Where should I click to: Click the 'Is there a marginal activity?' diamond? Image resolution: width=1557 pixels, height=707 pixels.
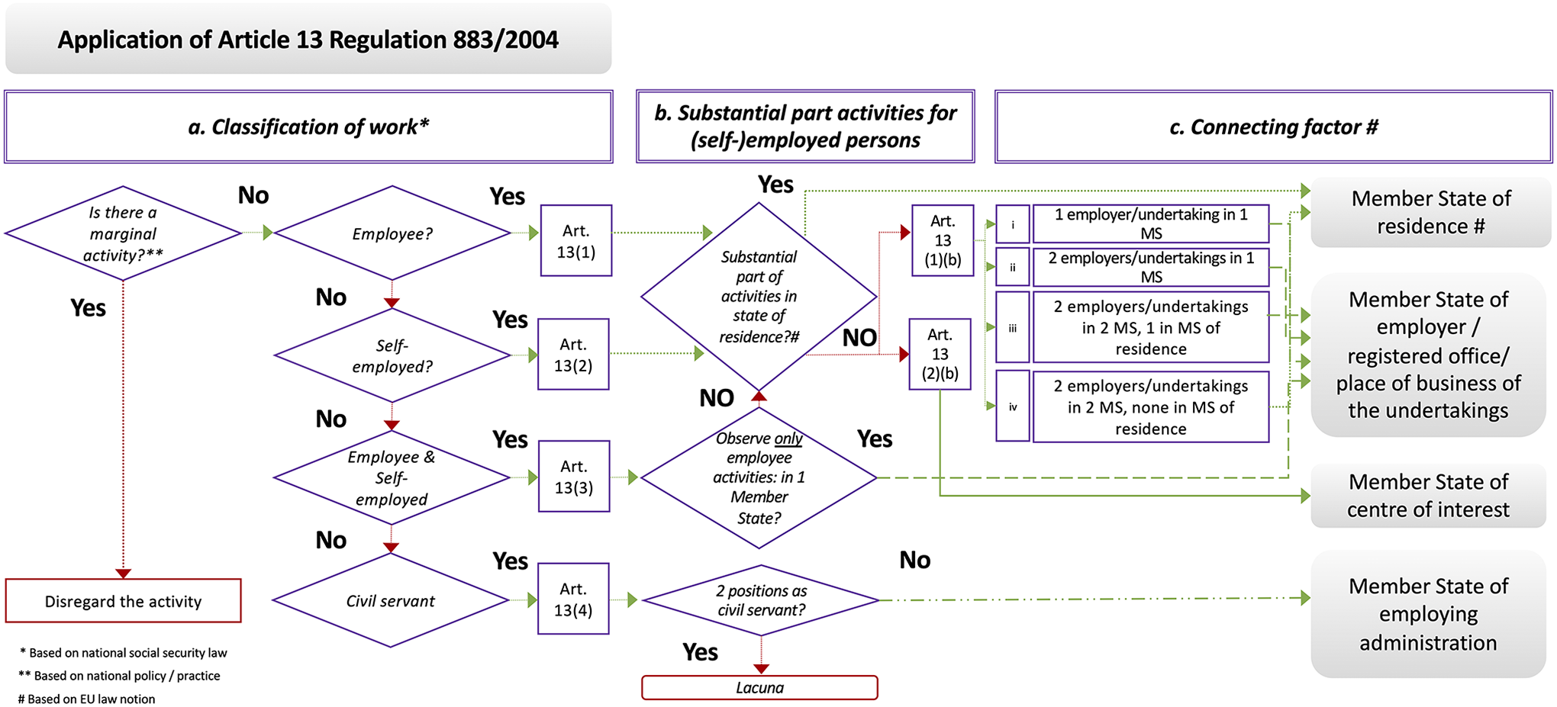point(123,233)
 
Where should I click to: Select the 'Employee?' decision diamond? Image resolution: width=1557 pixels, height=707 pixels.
point(392,233)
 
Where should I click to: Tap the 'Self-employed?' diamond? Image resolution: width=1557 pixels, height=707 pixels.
point(392,355)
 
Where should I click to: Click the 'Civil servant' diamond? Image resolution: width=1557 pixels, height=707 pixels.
point(391,600)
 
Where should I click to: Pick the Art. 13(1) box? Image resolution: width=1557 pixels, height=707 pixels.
point(576,240)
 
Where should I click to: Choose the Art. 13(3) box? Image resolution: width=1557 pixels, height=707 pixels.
point(574,476)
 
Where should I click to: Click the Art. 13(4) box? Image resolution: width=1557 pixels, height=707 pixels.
point(573,599)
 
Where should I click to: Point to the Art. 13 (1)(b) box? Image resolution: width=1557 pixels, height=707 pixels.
point(943,240)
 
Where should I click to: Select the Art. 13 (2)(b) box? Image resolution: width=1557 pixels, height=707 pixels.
point(940,354)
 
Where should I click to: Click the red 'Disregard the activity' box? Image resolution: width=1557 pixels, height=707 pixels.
point(124,601)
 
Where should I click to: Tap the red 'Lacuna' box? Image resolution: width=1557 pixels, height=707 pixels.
point(759,687)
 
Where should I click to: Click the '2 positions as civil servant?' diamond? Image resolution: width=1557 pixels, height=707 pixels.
point(761,600)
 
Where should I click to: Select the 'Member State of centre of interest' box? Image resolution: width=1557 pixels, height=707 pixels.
point(1428,496)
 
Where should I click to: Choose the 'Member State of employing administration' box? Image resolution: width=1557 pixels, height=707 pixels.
point(1428,614)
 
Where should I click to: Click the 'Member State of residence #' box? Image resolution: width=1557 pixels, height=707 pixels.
point(1431,212)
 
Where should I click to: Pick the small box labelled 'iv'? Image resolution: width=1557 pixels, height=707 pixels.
point(1013,407)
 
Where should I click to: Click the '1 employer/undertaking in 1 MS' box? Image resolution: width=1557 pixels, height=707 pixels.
point(1151,223)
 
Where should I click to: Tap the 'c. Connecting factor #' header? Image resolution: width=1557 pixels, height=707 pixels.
point(1273,127)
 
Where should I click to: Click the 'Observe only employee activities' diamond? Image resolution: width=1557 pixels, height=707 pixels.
point(759,477)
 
